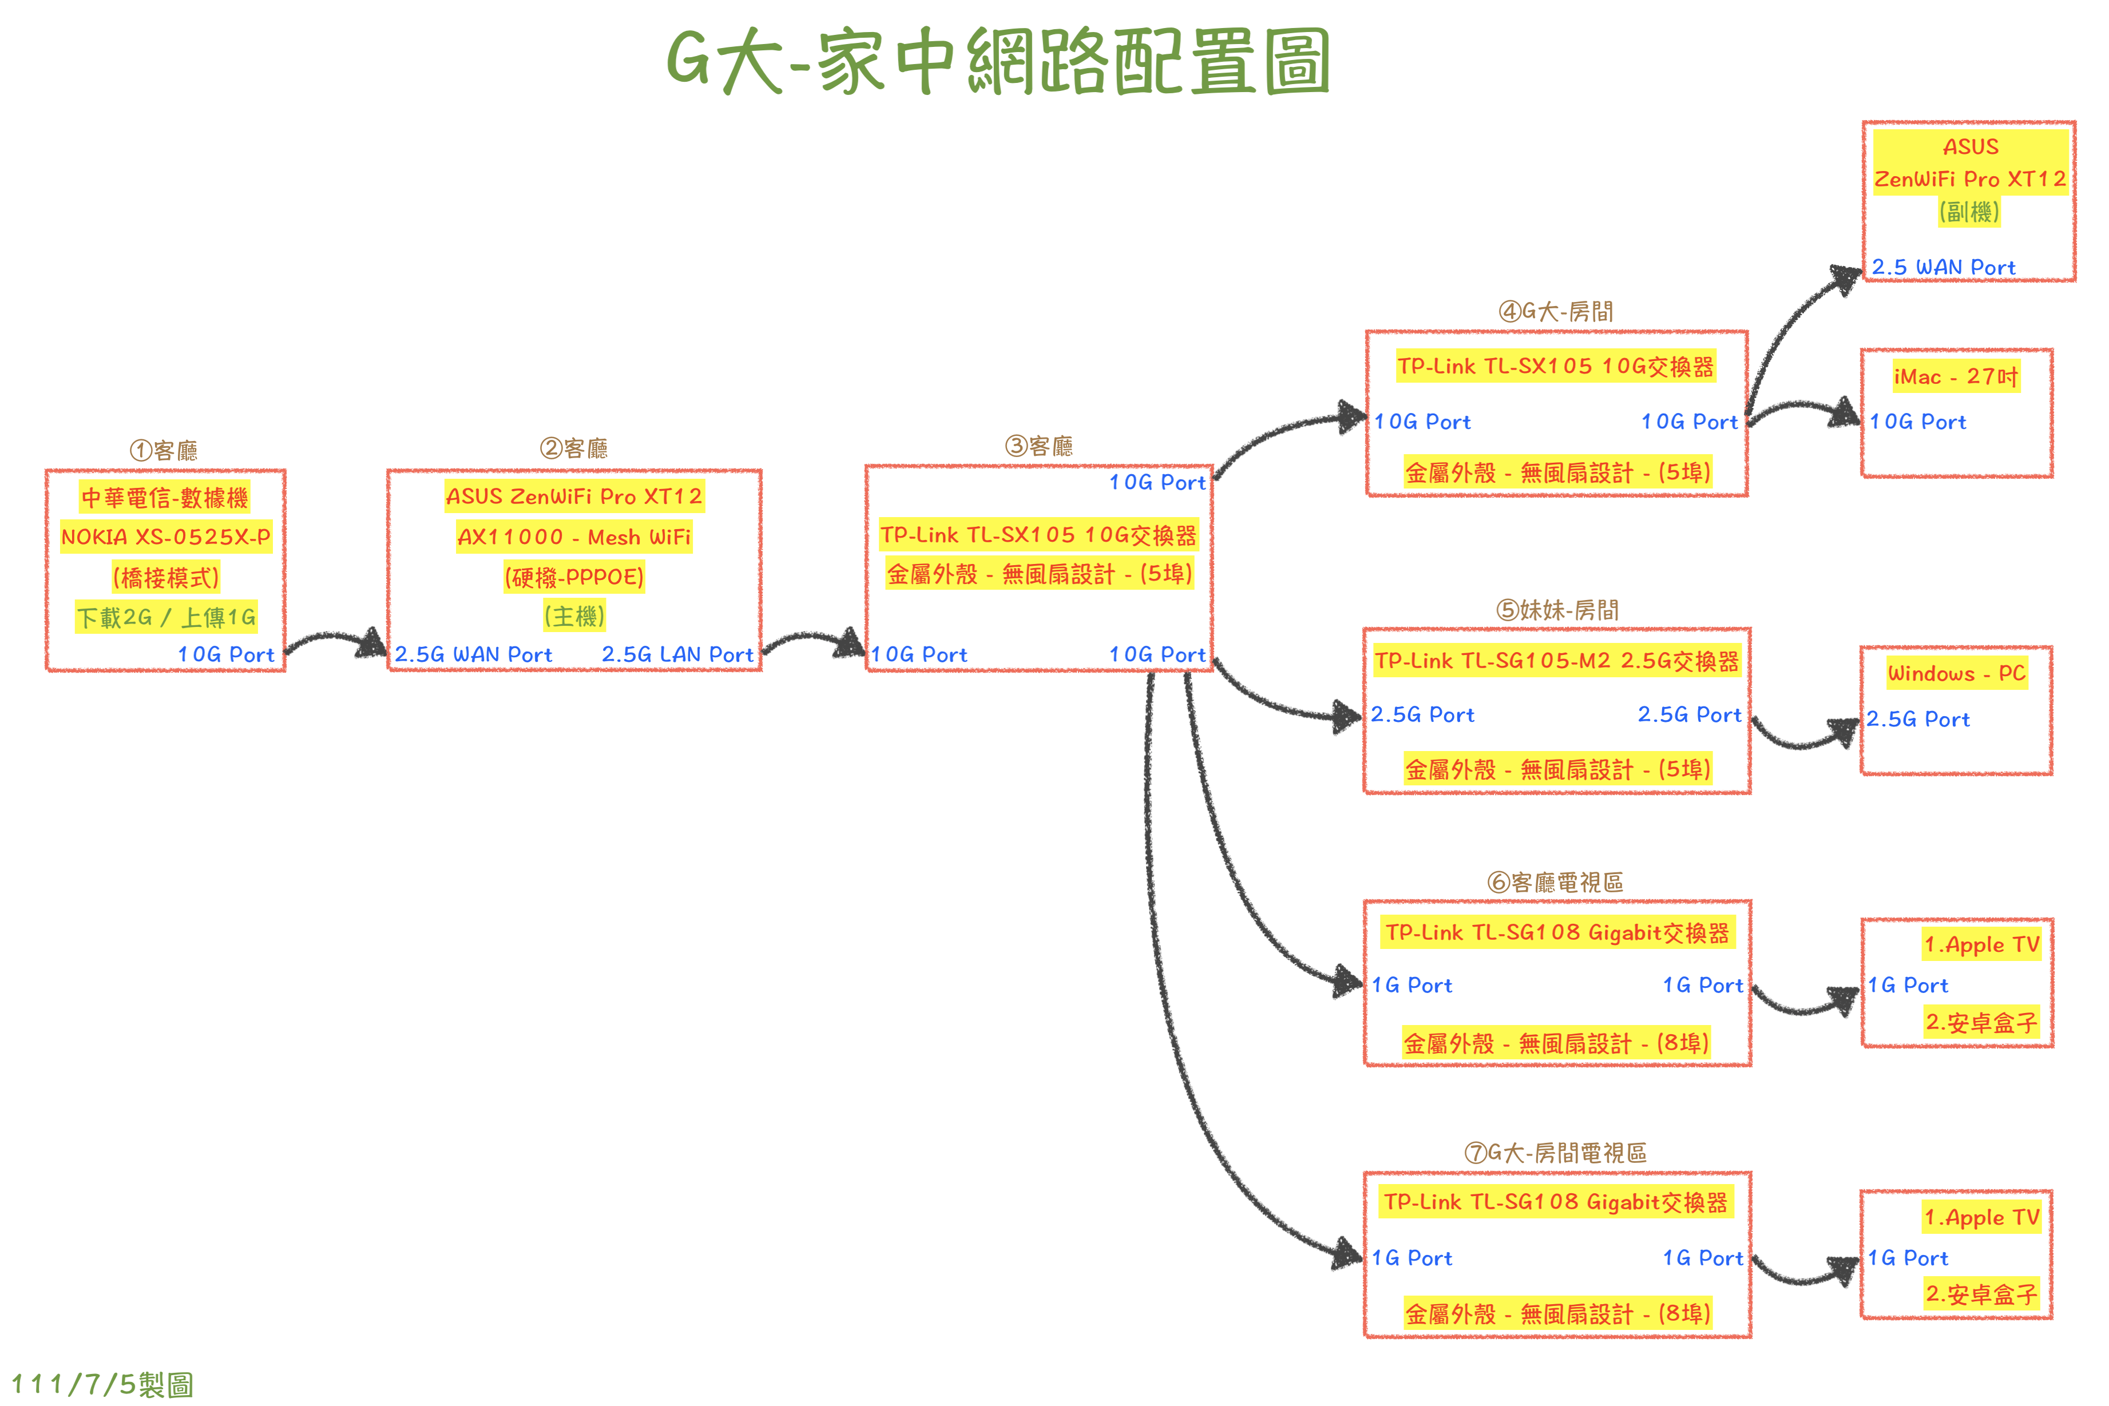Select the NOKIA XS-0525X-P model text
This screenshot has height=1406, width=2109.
[x=166, y=537]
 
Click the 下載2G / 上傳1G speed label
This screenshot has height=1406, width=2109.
[x=166, y=617]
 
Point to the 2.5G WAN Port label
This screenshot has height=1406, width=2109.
[x=473, y=654]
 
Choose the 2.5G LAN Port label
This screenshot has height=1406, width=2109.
[x=677, y=654]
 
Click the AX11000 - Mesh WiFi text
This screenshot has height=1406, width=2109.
[x=574, y=537]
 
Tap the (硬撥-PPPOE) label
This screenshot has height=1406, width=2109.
[x=574, y=577]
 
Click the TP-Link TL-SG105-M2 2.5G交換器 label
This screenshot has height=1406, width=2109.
[x=1557, y=661]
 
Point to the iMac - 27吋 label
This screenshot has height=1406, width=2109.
[x=1956, y=376]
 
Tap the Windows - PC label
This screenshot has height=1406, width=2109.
[x=1956, y=673]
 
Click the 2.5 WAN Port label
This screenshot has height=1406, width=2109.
[x=1943, y=267]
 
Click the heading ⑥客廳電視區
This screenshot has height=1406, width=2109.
[x=1555, y=883]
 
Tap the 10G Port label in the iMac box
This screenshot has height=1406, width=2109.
[x=1917, y=422]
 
